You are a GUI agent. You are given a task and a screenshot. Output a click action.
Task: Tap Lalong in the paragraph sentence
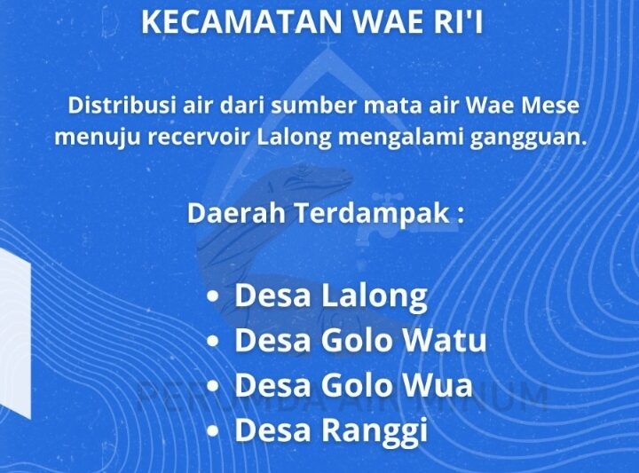(x=287, y=138)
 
